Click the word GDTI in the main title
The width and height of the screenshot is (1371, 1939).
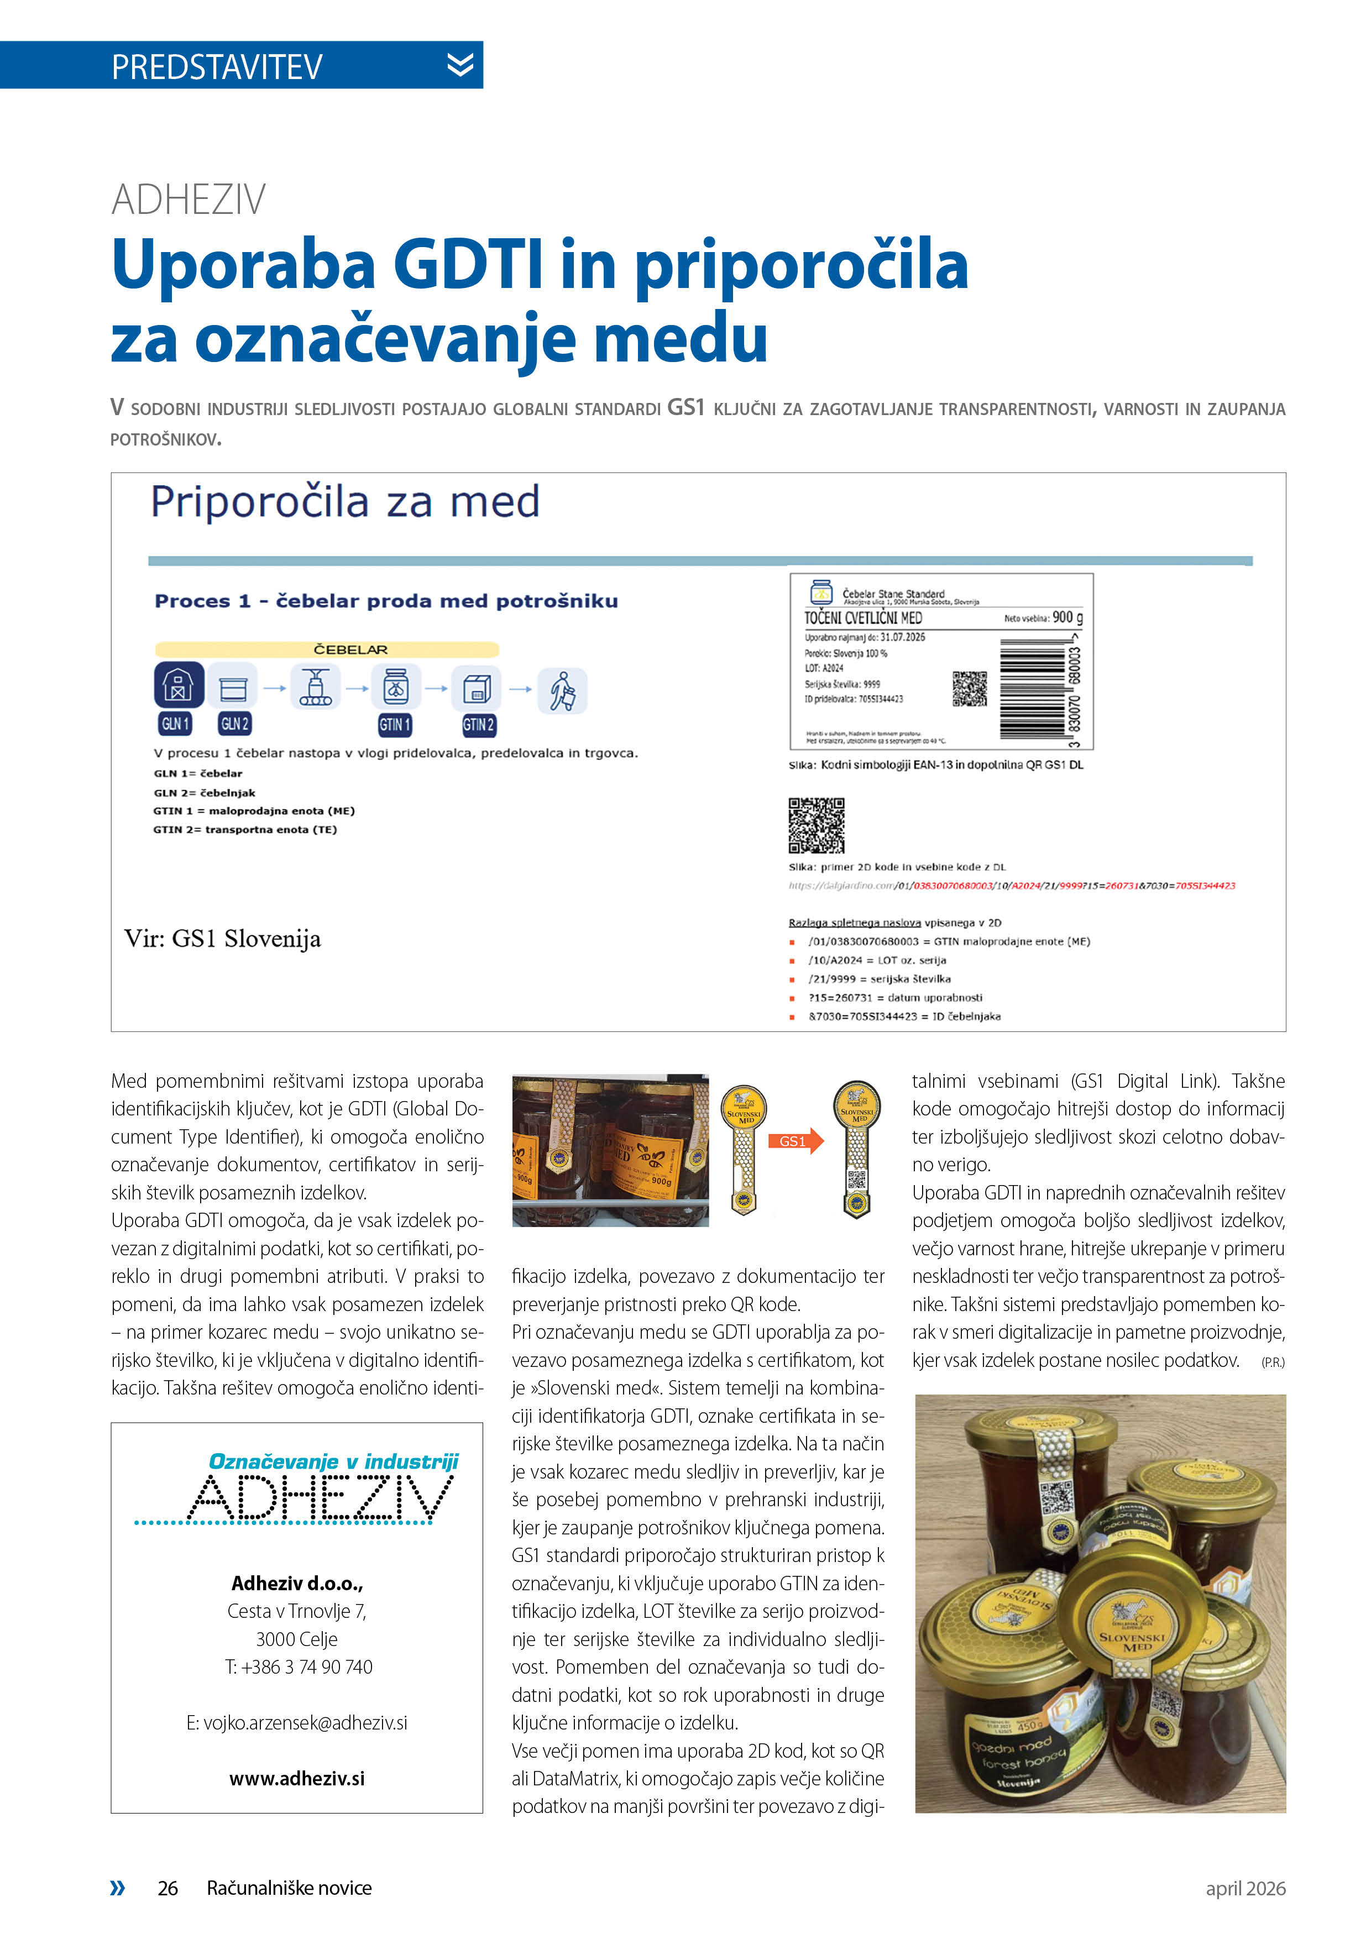[x=468, y=264]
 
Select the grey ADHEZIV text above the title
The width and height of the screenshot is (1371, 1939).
[x=189, y=200]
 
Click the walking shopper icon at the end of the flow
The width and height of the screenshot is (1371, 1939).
[x=562, y=690]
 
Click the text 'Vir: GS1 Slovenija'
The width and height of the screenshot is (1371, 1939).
[x=222, y=938]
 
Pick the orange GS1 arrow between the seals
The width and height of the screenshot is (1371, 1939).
[x=795, y=1141]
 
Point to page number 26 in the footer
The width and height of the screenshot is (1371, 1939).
[x=168, y=1888]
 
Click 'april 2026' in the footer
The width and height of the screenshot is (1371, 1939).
[x=1244, y=1888]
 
